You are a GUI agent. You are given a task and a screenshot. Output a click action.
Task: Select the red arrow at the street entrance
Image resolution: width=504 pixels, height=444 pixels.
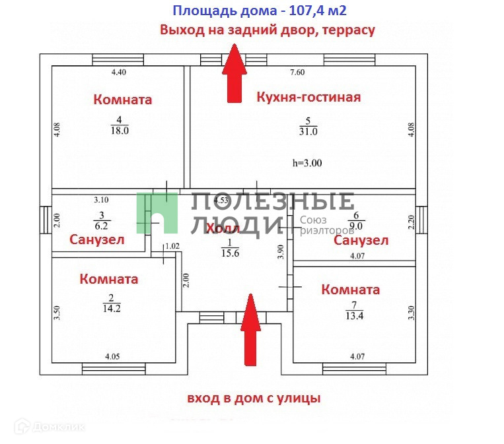pos(250,330)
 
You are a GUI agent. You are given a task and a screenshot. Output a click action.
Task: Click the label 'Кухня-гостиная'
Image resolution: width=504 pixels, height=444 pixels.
pos(308,98)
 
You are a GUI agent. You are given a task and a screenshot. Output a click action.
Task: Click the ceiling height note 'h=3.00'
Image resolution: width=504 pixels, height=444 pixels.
pos(306,163)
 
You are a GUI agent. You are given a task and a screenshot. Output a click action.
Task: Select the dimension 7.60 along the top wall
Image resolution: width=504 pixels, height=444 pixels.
pos(297,73)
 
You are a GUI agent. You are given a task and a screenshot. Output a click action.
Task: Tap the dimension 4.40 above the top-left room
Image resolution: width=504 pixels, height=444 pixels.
pos(118,73)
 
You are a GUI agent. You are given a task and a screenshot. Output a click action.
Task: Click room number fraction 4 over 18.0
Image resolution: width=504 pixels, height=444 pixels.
pos(119,125)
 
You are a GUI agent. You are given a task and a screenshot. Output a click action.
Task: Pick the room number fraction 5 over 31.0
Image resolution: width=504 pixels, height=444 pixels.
pos(308,126)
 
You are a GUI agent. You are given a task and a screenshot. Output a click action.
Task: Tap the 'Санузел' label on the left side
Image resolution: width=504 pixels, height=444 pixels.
pos(97,240)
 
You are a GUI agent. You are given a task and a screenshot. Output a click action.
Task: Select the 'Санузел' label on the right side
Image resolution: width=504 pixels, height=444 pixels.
pos(361,240)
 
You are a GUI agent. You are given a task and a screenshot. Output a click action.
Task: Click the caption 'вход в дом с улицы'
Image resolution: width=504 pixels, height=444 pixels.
pos(254,398)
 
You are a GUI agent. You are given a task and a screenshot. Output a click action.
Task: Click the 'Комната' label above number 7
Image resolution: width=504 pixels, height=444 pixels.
pos(350,290)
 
